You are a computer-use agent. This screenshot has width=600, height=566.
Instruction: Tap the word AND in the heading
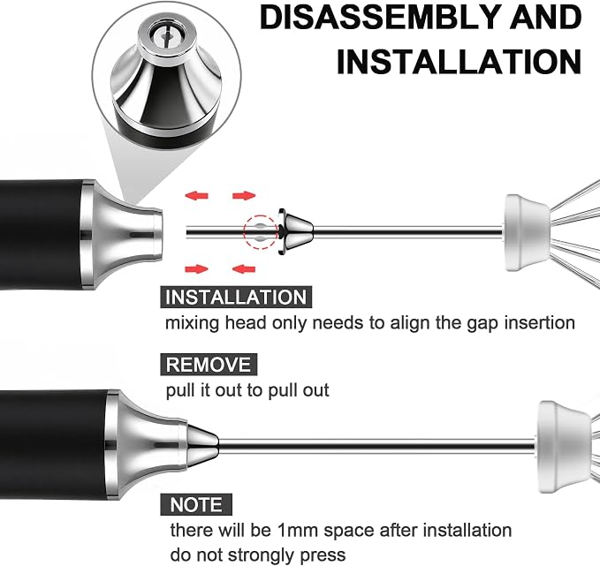546,18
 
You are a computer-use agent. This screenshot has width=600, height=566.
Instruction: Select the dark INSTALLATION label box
236,298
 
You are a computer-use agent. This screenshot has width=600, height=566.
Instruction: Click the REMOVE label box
209,365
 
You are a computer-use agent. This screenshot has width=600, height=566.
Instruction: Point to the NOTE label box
196,504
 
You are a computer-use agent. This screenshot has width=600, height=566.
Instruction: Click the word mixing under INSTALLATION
192,323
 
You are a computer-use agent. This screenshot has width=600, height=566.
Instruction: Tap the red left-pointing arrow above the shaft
196,196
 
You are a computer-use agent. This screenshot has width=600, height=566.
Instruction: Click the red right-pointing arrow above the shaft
244,196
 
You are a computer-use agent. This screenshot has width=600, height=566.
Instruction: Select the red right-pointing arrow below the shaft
196,268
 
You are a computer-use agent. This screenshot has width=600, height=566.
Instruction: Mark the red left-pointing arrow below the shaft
244,268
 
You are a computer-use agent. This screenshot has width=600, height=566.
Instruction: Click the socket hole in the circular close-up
166,36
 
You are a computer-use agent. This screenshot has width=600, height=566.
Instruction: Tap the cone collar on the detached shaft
296,231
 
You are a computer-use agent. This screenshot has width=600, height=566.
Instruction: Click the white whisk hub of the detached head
526,232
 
